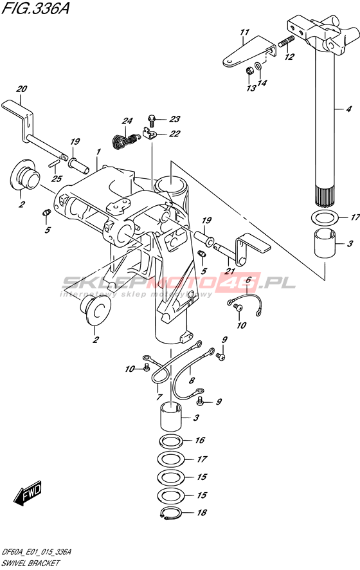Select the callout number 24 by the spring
[127, 121]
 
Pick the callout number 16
[200, 440]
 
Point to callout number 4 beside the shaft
[348, 109]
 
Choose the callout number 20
[21, 89]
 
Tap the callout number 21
[230, 271]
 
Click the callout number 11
[244, 32]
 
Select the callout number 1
[98, 151]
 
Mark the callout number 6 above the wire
[249, 280]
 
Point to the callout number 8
[192, 380]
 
